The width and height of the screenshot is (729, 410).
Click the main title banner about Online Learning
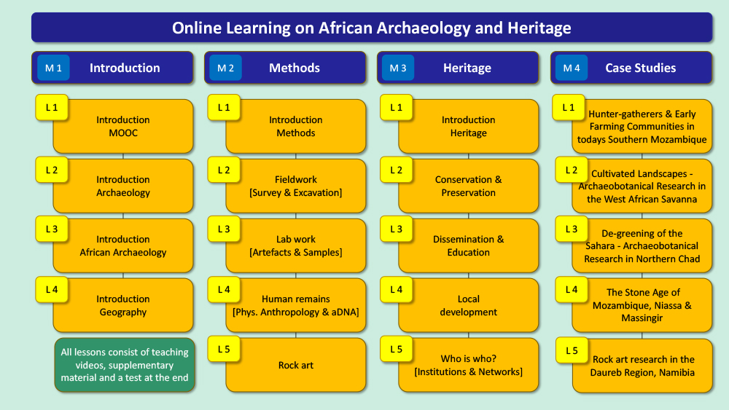pyautogui.click(x=372, y=28)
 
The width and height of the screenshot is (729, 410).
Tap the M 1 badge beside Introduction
pyautogui.click(x=53, y=68)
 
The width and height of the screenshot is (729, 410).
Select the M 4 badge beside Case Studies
pyautogui.click(x=572, y=68)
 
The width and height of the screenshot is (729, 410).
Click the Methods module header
pyautogui.click(x=285, y=68)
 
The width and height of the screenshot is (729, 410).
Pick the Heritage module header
pyautogui.click(x=458, y=68)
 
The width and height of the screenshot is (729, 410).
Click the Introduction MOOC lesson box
pyautogui.click(x=123, y=126)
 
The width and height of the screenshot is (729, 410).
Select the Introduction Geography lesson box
pyautogui.click(x=123, y=305)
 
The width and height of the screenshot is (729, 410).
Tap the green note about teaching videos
pyautogui.click(x=125, y=365)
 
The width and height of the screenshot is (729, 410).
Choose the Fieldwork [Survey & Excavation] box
pyautogui.click(x=296, y=186)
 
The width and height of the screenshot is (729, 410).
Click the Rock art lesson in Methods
pyautogui.click(x=296, y=365)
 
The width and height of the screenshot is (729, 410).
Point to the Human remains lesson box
pyautogui.click(x=296, y=305)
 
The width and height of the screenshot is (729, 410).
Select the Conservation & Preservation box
pyautogui.click(x=469, y=186)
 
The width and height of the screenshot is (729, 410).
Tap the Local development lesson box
pyautogui.click(x=469, y=305)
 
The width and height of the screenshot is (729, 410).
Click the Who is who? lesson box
pyautogui.click(x=469, y=365)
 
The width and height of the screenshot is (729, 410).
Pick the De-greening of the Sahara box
pyautogui.click(x=642, y=245)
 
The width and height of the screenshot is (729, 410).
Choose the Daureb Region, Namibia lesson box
pyautogui.click(x=642, y=366)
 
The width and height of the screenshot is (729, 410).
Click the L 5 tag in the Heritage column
pyautogui.click(x=396, y=349)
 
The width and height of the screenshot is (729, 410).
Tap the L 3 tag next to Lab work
pyautogui.click(x=224, y=229)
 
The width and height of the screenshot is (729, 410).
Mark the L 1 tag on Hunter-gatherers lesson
pyautogui.click(x=569, y=108)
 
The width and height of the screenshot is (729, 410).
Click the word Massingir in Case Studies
pyautogui.click(x=642, y=318)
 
